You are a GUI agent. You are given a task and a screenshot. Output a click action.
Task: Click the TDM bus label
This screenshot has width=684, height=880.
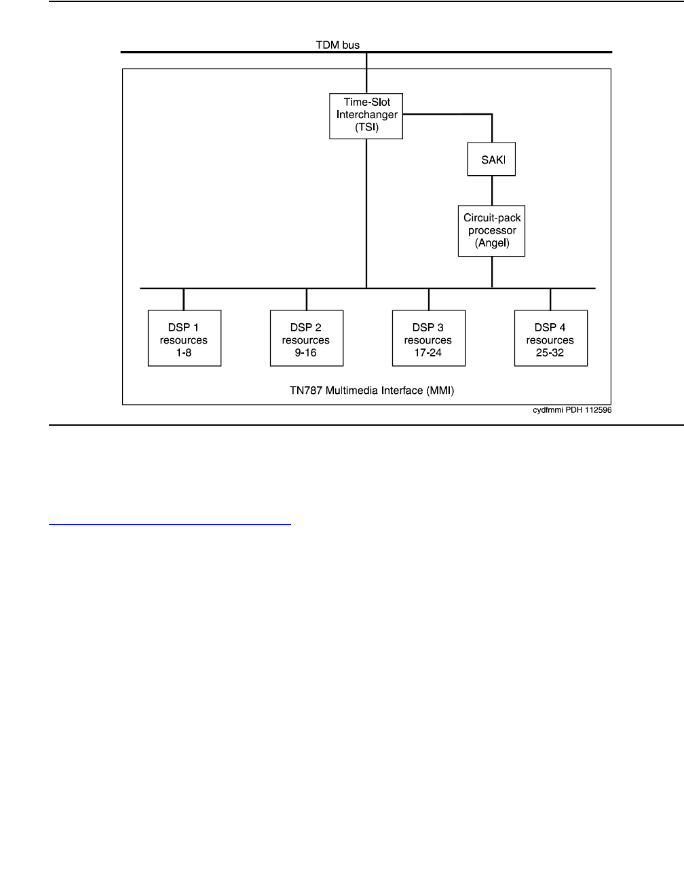338,45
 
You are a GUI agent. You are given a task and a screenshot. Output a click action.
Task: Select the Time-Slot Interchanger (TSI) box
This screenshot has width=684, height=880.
366,115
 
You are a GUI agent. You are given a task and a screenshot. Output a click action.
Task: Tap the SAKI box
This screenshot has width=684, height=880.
491,160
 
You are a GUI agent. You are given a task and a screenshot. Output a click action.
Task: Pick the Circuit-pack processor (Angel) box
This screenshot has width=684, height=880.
491,231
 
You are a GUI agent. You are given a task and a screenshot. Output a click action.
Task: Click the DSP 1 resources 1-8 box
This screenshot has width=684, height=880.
184,338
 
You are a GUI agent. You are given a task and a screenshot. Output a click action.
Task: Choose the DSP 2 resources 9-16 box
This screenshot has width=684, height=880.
306,338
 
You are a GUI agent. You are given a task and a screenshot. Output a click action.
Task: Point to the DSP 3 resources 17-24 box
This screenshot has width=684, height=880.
428,338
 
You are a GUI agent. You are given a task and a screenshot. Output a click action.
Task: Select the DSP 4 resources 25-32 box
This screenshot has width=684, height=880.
550,338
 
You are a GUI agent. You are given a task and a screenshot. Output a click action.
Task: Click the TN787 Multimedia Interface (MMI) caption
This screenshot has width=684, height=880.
367,390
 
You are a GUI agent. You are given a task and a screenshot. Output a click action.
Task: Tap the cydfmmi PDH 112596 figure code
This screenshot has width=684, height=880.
572,410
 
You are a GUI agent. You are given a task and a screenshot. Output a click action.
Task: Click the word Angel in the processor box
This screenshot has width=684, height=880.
492,242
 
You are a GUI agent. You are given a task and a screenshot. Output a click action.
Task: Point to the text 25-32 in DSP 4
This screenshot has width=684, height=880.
550,352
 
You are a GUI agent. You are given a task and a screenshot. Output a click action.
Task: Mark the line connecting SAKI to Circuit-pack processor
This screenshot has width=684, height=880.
492,191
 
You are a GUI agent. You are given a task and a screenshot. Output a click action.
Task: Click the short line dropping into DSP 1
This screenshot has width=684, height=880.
184,299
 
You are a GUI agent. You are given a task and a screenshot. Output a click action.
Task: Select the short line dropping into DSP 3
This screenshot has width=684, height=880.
428,299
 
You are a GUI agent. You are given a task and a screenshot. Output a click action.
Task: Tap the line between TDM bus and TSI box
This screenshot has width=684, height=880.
366,73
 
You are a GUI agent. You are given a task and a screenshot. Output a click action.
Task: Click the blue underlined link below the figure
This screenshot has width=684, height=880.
170,524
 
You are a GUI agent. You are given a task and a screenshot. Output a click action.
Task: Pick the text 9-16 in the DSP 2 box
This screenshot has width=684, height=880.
306,352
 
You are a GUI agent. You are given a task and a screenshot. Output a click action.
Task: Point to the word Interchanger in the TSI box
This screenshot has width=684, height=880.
367,115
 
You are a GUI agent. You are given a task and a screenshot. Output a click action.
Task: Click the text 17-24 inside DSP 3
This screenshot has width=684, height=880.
428,352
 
